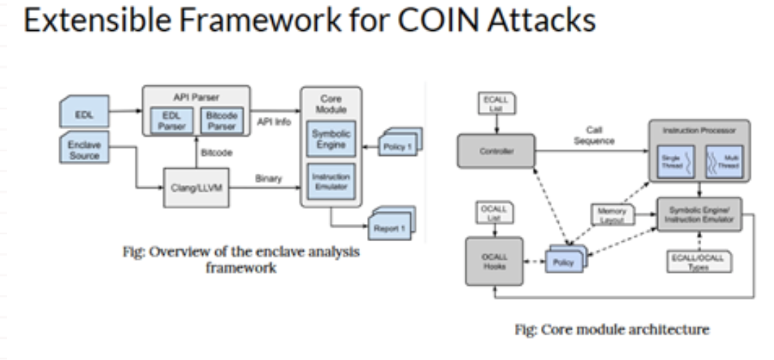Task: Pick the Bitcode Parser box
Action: (221, 121)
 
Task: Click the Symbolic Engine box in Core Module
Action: (331, 139)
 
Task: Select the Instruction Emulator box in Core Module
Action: (331, 181)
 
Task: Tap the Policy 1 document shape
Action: (397, 146)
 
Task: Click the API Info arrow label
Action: (274, 122)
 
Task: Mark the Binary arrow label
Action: (269, 178)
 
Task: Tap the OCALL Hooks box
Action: (494, 262)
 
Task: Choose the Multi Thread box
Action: (723, 161)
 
